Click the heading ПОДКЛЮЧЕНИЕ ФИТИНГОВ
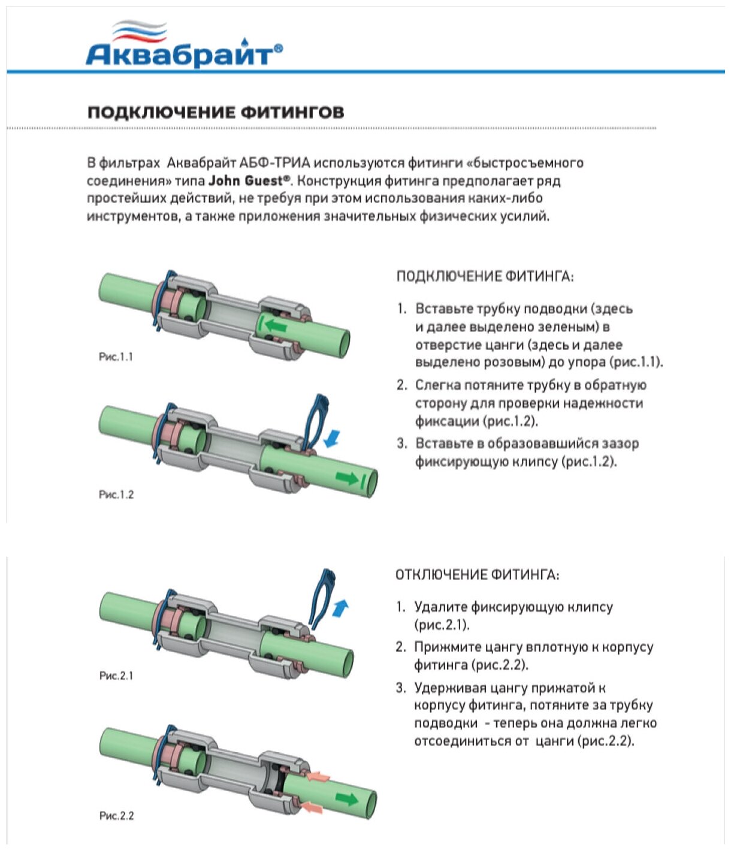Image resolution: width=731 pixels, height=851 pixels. (216, 112)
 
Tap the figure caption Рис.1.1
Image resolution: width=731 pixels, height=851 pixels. (116, 357)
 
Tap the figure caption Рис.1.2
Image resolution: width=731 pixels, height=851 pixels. (116, 494)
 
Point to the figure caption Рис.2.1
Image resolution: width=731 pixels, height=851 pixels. (116, 675)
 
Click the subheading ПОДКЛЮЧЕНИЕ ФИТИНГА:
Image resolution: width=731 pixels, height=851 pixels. (485, 276)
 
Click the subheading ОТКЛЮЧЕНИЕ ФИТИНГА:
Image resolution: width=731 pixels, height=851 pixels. (477, 575)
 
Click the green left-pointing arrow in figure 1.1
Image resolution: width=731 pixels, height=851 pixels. (275, 326)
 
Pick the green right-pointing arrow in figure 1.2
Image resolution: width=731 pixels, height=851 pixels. (347, 478)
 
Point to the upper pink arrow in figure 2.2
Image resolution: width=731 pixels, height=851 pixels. (318, 777)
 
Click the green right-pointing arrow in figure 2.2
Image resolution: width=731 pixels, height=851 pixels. (347, 799)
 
